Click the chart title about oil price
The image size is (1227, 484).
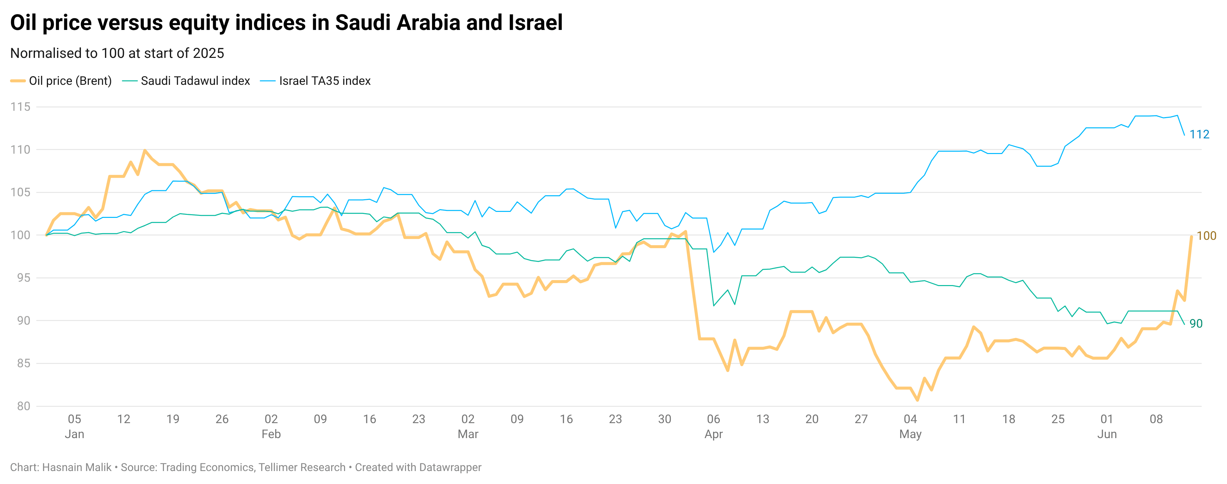[x=286, y=23]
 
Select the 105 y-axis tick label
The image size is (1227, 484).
[x=20, y=192]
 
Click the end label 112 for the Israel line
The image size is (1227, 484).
[x=1199, y=135]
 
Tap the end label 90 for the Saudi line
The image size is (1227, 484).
[x=1196, y=324]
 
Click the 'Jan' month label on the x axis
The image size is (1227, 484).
[x=74, y=434]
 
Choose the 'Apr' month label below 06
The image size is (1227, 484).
[x=713, y=434]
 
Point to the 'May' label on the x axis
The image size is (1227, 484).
[x=910, y=434]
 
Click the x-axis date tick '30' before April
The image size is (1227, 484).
[x=664, y=419]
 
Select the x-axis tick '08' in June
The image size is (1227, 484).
[x=1156, y=419]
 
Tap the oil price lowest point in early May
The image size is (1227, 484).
[x=917, y=400]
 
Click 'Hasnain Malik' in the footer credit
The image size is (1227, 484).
[x=77, y=467]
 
